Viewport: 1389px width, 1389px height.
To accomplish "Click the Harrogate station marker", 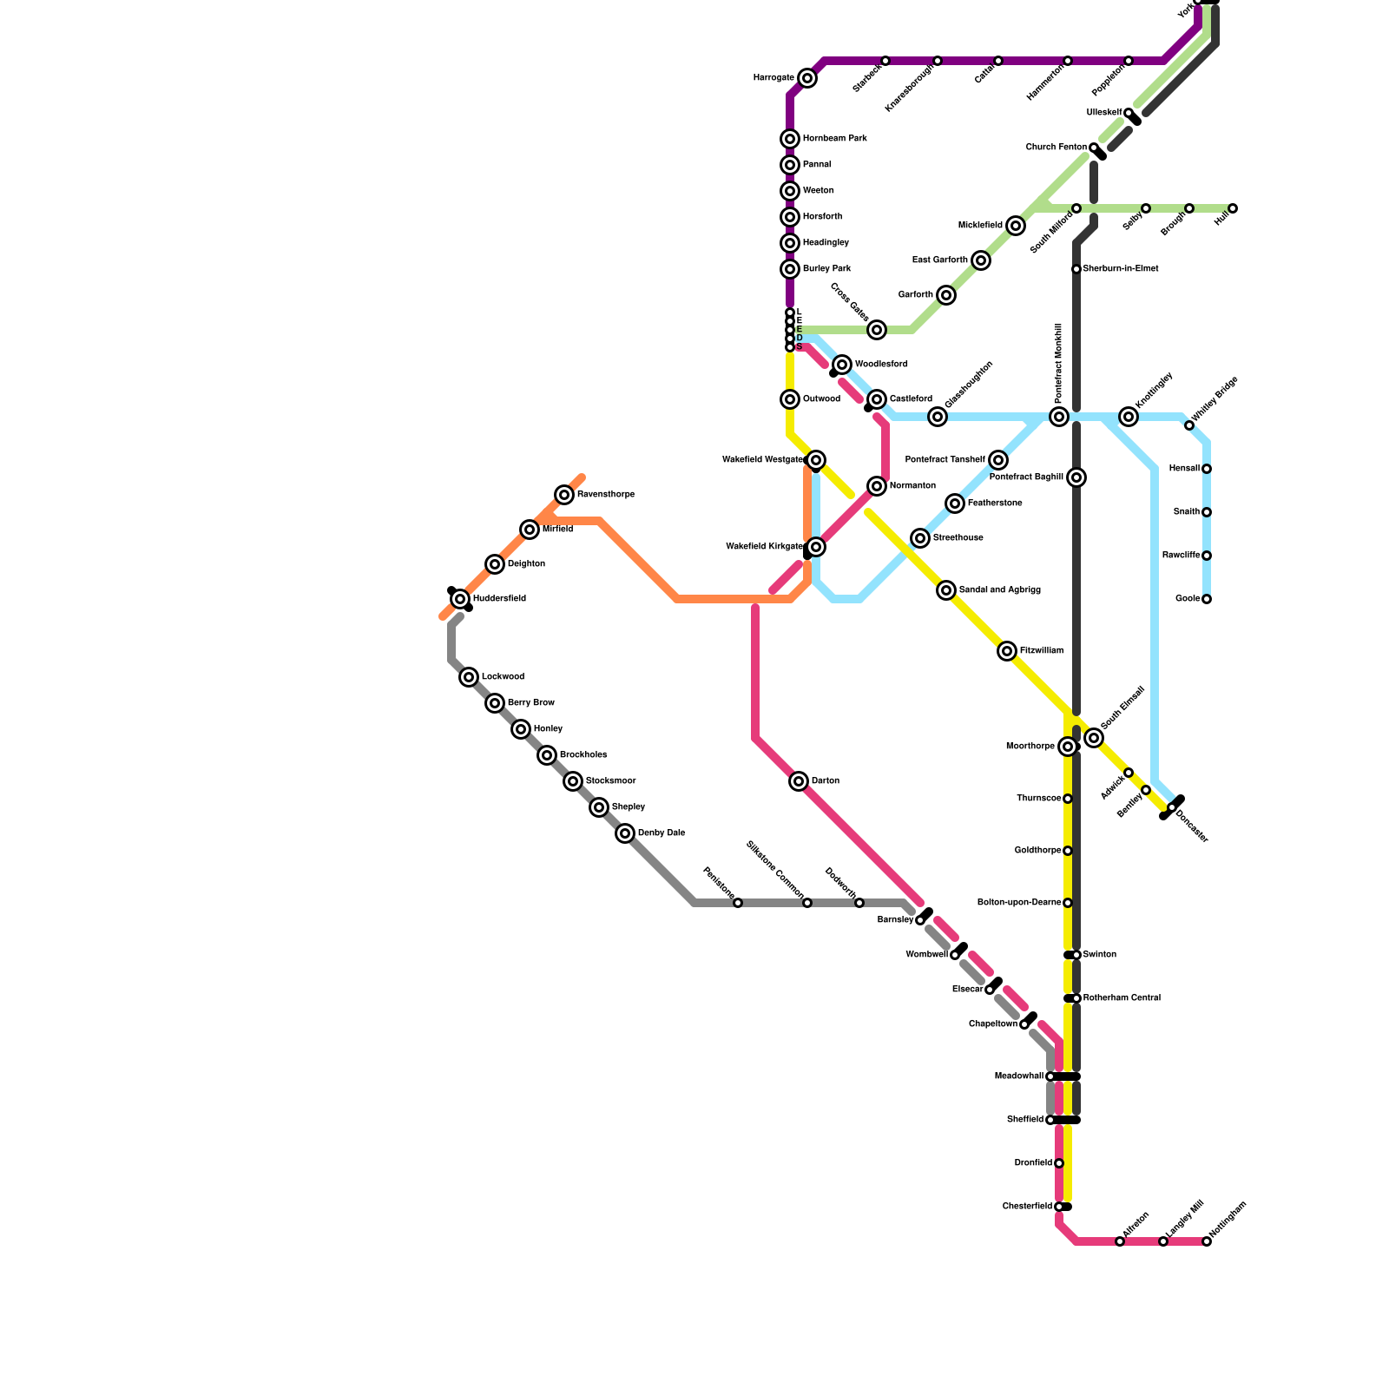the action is pyautogui.click(x=807, y=78).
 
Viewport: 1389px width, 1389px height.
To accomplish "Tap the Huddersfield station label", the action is pyautogui.click(x=499, y=599).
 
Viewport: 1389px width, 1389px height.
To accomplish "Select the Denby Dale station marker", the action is pyautogui.click(x=625, y=833).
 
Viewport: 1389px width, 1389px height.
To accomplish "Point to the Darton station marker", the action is pyautogui.click(x=799, y=781).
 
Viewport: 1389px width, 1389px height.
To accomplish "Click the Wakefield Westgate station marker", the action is pyautogui.click(x=816, y=460).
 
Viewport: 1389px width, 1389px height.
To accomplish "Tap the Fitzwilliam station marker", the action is pyautogui.click(x=1007, y=651).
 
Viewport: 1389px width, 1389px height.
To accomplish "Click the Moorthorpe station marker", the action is pyautogui.click(x=1068, y=747).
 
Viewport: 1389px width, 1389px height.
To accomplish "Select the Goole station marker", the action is pyautogui.click(x=1207, y=599).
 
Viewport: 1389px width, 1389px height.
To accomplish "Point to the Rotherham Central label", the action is pyautogui.click(x=1122, y=998).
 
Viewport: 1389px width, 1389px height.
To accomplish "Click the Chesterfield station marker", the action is pyautogui.click(x=1059, y=1207).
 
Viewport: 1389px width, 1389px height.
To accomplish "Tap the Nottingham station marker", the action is pyautogui.click(x=1207, y=1241).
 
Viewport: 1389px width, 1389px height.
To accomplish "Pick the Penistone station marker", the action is pyautogui.click(x=738, y=903).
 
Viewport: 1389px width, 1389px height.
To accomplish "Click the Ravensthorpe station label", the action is pyautogui.click(x=606, y=495).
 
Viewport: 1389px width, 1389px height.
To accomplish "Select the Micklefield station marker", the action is pyautogui.click(x=1016, y=226).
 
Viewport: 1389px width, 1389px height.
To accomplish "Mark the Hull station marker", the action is pyautogui.click(x=1233, y=208).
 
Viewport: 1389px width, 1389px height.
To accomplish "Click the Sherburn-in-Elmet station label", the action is pyautogui.click(x=1121, y=269).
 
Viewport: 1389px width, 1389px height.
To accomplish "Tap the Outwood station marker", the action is pyautogui.click(x=790, y=399).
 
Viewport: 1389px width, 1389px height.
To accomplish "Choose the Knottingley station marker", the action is pyautogui.click(x=1129, y=417).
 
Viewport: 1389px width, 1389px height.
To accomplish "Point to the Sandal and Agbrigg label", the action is pyautogui.click(x=999, y=590).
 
